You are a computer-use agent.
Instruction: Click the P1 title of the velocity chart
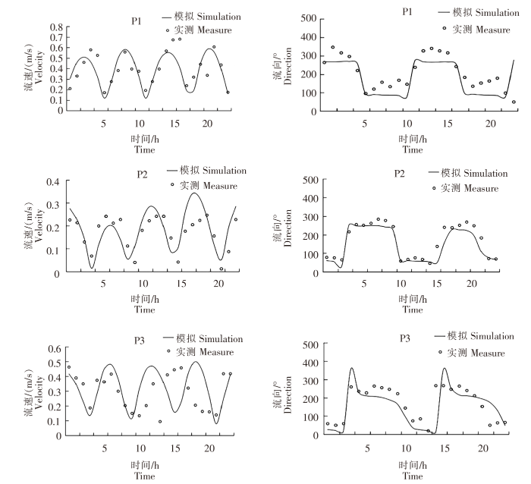pos(137,21)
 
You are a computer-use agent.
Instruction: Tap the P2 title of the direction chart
pos(400,174)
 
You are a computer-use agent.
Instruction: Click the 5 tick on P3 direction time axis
pos(367,448)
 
